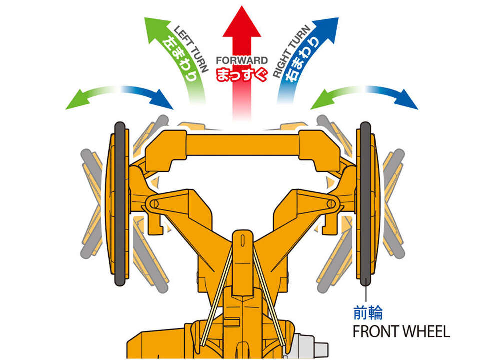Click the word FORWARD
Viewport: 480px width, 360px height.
pos(242,60)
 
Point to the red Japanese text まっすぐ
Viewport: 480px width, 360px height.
pos(242,74)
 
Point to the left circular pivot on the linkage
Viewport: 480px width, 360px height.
pos(153,204)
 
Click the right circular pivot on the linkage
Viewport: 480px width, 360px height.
pos(329,204)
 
